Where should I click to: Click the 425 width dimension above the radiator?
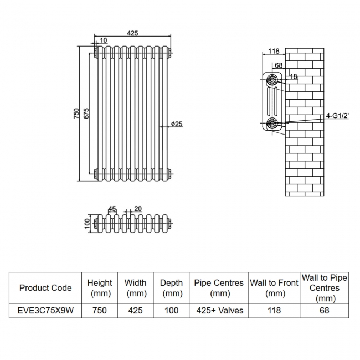132,33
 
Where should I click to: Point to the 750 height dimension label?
76,113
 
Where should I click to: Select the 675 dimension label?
86,113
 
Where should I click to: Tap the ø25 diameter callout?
176,124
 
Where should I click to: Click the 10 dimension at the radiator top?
104,40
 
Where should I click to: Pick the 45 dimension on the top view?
112,209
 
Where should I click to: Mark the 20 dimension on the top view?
137,209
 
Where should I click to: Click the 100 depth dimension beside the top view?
87,224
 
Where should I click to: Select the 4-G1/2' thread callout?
337,116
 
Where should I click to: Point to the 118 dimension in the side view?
273,52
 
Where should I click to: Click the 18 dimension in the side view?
293,76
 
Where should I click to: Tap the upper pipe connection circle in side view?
272,80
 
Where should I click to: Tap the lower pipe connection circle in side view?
272,123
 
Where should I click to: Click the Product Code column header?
45,288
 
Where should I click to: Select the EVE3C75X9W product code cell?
45,311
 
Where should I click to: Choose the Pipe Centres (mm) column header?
218,288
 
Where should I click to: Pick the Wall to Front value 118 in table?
275,311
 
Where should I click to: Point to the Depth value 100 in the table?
171,311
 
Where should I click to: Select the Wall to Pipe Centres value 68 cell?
324,311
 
